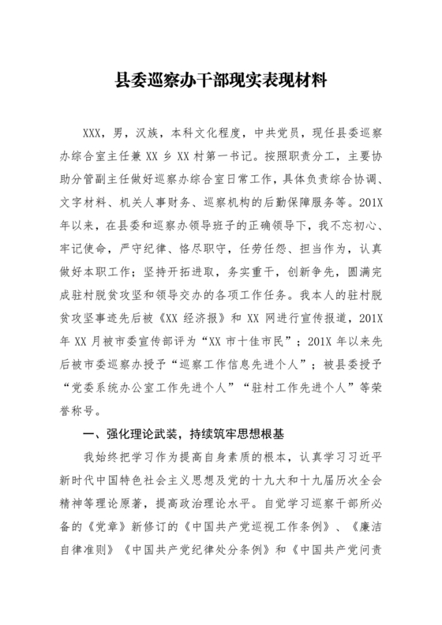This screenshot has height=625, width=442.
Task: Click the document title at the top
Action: [221, 80]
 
